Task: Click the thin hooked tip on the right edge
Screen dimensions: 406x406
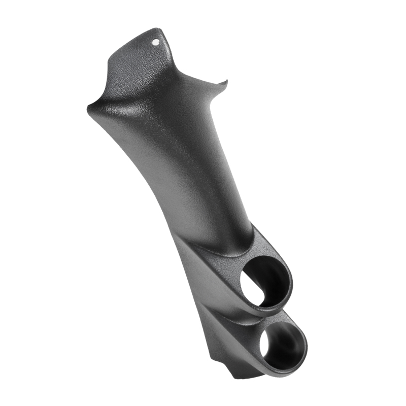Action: pyautogui.click(x=225, y=81)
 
